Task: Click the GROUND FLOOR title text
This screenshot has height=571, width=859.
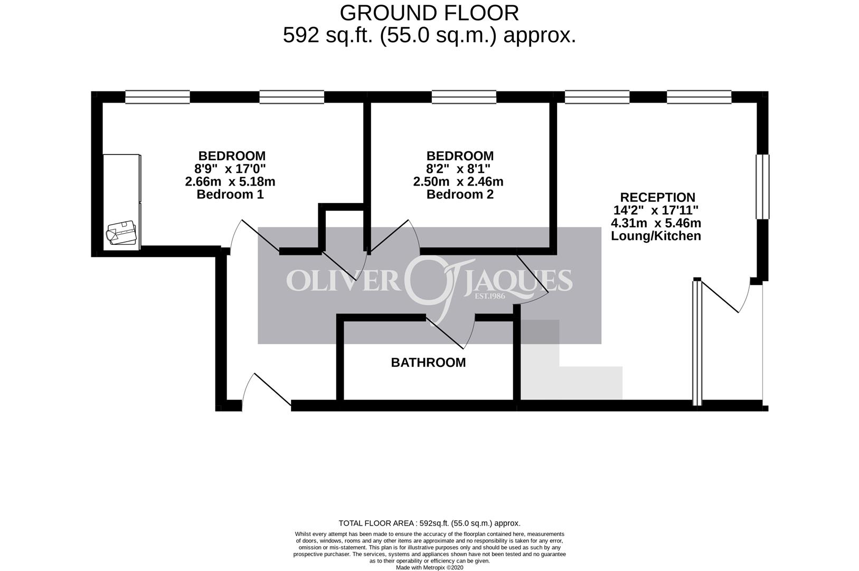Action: coord(429,13)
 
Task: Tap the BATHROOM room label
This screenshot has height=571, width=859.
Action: coord(428,363)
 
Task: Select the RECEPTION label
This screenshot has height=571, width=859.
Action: coord(658,197)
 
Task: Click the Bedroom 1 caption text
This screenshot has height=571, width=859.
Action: coord(230,195)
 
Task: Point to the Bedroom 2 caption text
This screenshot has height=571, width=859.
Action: coord(460,195)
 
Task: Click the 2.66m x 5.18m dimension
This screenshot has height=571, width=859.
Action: coord(230,182)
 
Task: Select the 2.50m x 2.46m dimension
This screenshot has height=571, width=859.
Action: coord(458,182)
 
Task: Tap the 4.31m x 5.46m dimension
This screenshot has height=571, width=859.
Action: coord(656,223)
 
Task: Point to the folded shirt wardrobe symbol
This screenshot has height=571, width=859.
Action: coord(121,232)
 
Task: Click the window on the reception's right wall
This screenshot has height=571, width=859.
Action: coord(763,187)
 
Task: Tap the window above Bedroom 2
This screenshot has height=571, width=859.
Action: coord(464,97)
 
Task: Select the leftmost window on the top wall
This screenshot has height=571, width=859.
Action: coord(158,97)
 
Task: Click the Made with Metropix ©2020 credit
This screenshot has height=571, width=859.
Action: coord(430,567)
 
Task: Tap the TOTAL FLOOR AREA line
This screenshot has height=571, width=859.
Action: coord(430,523)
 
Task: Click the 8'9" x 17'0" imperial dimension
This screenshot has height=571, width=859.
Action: coord(230,169)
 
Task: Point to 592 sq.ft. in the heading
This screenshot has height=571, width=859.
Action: coord(328,36)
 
